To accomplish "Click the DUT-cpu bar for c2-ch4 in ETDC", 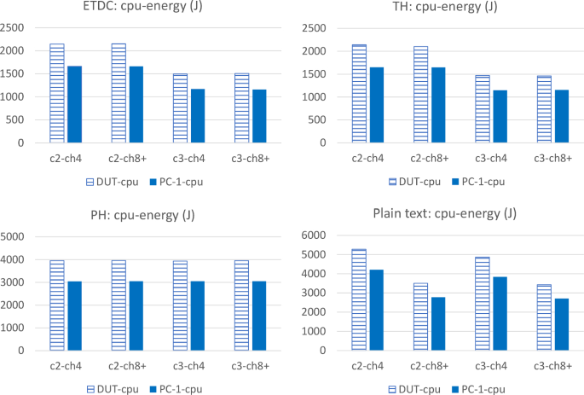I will point(57,94).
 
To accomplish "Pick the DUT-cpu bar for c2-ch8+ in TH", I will point(420,95).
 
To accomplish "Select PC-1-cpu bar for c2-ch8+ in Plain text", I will point(438,323).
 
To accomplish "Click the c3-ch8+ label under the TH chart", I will point(552,157).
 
